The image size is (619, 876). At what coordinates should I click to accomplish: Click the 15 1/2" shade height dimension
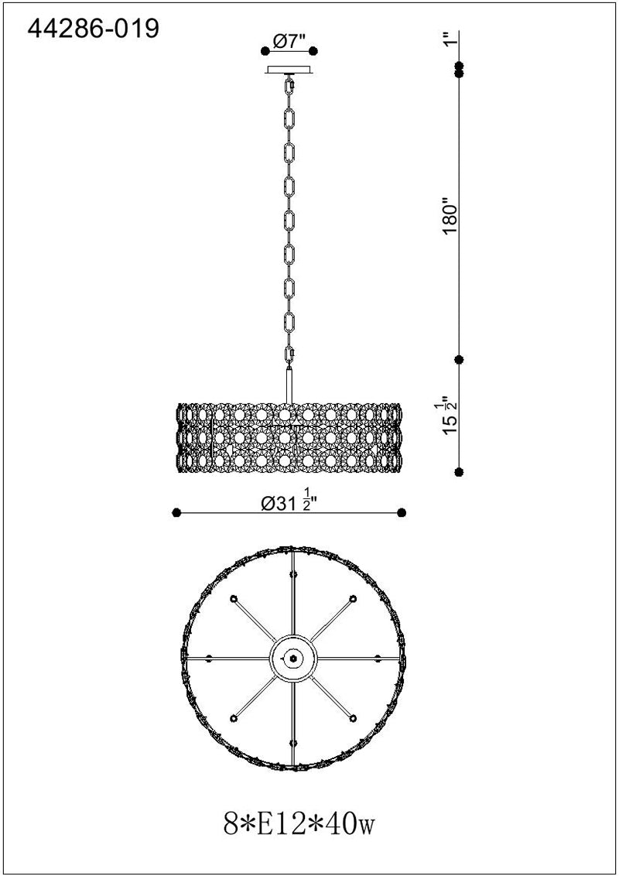pos(449,415)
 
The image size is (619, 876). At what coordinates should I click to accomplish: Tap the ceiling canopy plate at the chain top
pos(290,70)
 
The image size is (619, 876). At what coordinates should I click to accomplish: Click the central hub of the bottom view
pos(293,657)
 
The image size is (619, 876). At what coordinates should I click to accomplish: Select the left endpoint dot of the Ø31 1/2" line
pos(176,512)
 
